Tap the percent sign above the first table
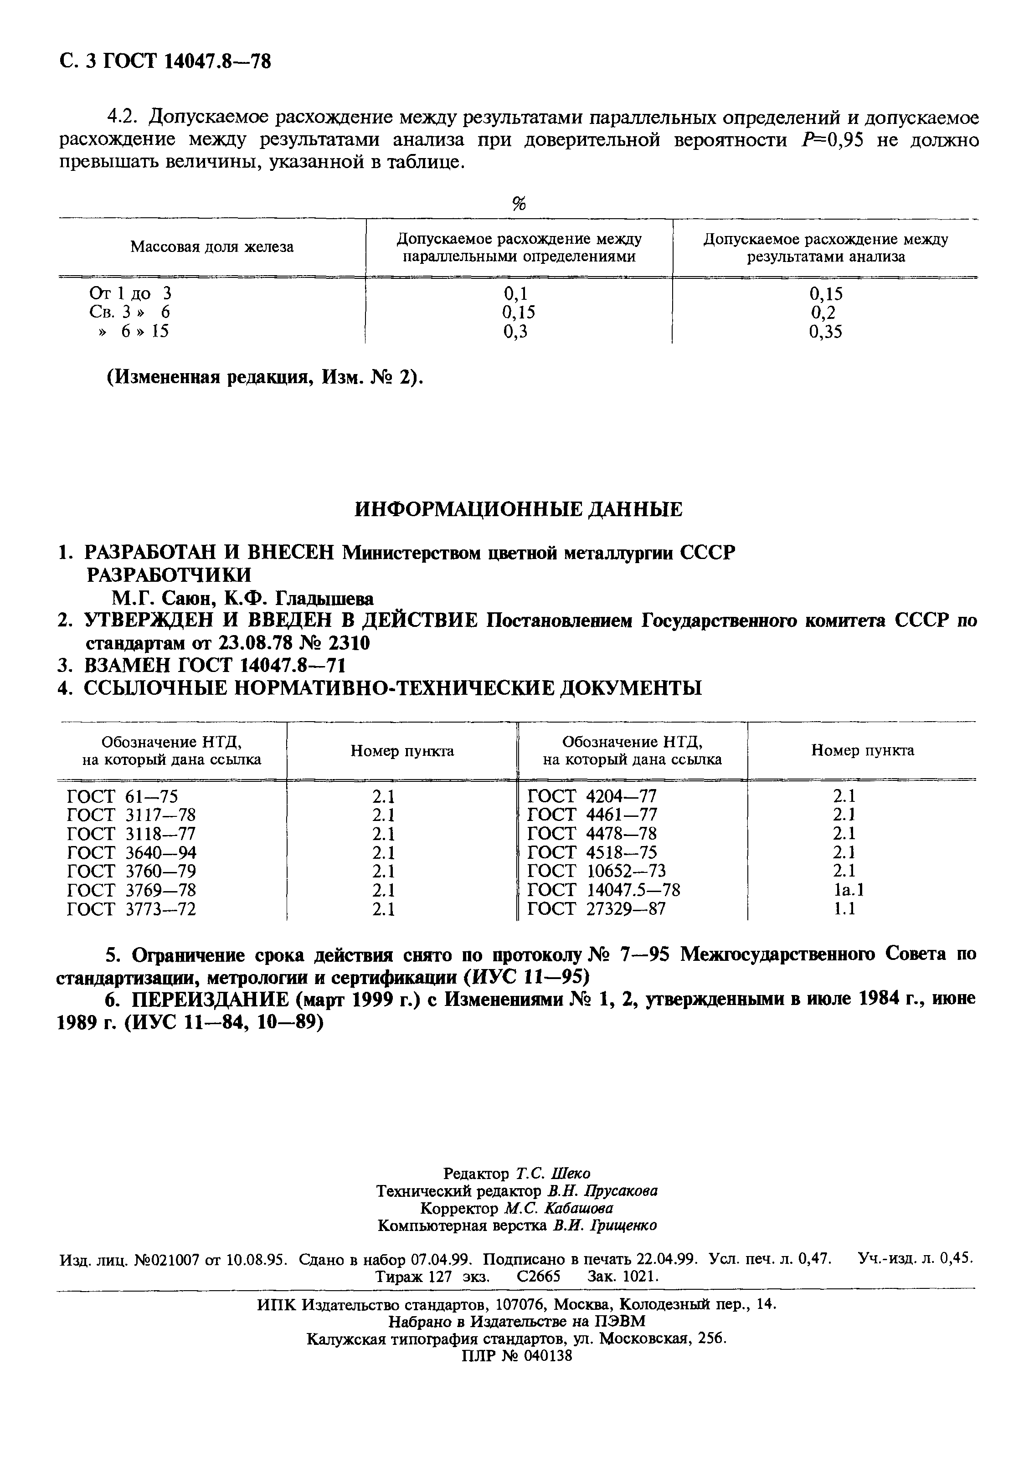click(519, 204)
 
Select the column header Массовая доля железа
click(212, 247)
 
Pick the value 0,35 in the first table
click(826, 332)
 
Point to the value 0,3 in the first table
click(519, 332)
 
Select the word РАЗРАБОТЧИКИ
click(169, 574)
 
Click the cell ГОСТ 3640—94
click(131, 853)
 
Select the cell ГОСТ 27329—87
click(596, 909)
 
